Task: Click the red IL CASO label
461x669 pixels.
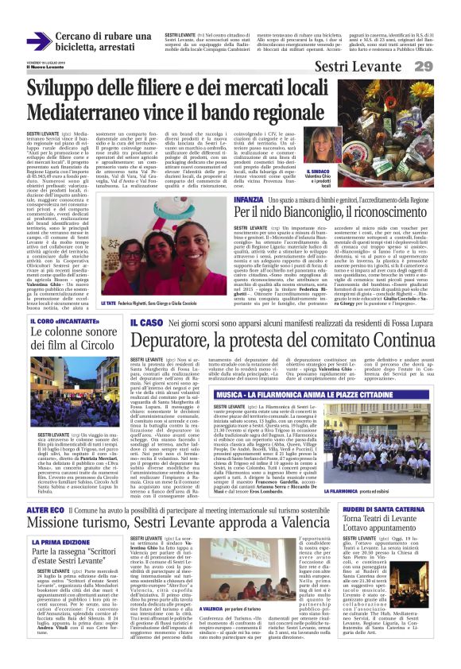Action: (x=146, y=324)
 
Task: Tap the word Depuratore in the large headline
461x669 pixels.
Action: (x=180, y=342)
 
